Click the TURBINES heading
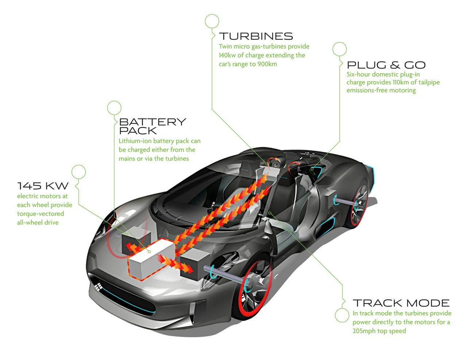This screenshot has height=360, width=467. [256, 36]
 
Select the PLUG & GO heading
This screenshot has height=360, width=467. [386, 65]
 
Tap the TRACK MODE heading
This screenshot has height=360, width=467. [401, 303]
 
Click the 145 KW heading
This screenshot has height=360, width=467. [43, 186]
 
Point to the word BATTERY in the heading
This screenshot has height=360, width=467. [153, 122]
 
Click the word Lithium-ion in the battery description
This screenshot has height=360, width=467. [135, 141]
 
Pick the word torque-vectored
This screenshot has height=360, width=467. [40, 214]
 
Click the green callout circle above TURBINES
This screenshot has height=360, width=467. [212, 22]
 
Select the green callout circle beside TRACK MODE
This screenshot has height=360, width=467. [342, 315]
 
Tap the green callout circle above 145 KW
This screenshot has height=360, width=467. [78, 172]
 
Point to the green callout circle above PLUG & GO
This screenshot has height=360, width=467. [339, 49]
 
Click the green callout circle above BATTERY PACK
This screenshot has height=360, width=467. [114, 108]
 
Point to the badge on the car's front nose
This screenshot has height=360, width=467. [97, 287]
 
